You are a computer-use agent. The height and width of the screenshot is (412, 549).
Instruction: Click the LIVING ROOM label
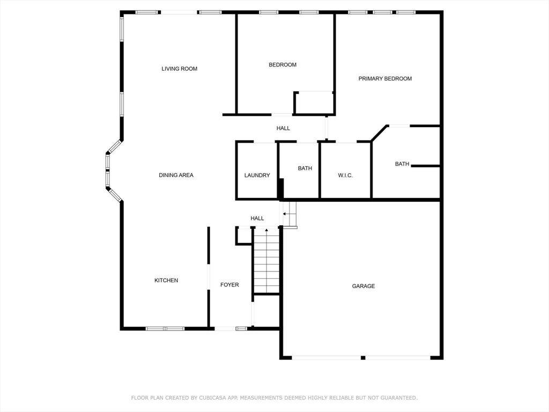point(179,69)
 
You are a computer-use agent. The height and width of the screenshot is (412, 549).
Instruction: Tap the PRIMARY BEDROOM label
point(385,78)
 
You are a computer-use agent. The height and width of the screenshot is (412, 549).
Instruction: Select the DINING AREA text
point(176,175)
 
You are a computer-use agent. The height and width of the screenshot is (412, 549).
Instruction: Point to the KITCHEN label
point(166,280)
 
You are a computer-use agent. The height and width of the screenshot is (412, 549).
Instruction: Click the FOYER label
point(229,285)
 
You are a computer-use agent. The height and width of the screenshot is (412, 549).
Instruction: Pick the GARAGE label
point(363,286)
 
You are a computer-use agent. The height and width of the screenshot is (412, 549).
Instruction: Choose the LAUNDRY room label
point(257,175)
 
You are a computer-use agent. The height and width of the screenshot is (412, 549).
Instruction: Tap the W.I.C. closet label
point(345,175)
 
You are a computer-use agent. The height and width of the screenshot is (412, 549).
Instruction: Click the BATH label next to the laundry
point(305,168)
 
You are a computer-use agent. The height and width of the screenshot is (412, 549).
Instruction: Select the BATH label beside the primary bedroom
point(402,164)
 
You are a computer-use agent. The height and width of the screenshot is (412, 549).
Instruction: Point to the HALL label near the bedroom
point(283,128)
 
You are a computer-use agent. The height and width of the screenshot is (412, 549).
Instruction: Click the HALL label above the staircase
point(257,218)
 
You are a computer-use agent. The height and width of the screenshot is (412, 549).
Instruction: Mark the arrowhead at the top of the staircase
point(266,230)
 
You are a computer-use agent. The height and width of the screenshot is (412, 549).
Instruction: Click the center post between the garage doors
point(363,358)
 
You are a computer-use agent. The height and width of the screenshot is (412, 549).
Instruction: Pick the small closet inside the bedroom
point(314,103)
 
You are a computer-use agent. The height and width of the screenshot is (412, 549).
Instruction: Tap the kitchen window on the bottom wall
point(165,329)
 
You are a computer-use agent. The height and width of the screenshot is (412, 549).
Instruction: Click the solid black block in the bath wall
point(280,189)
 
